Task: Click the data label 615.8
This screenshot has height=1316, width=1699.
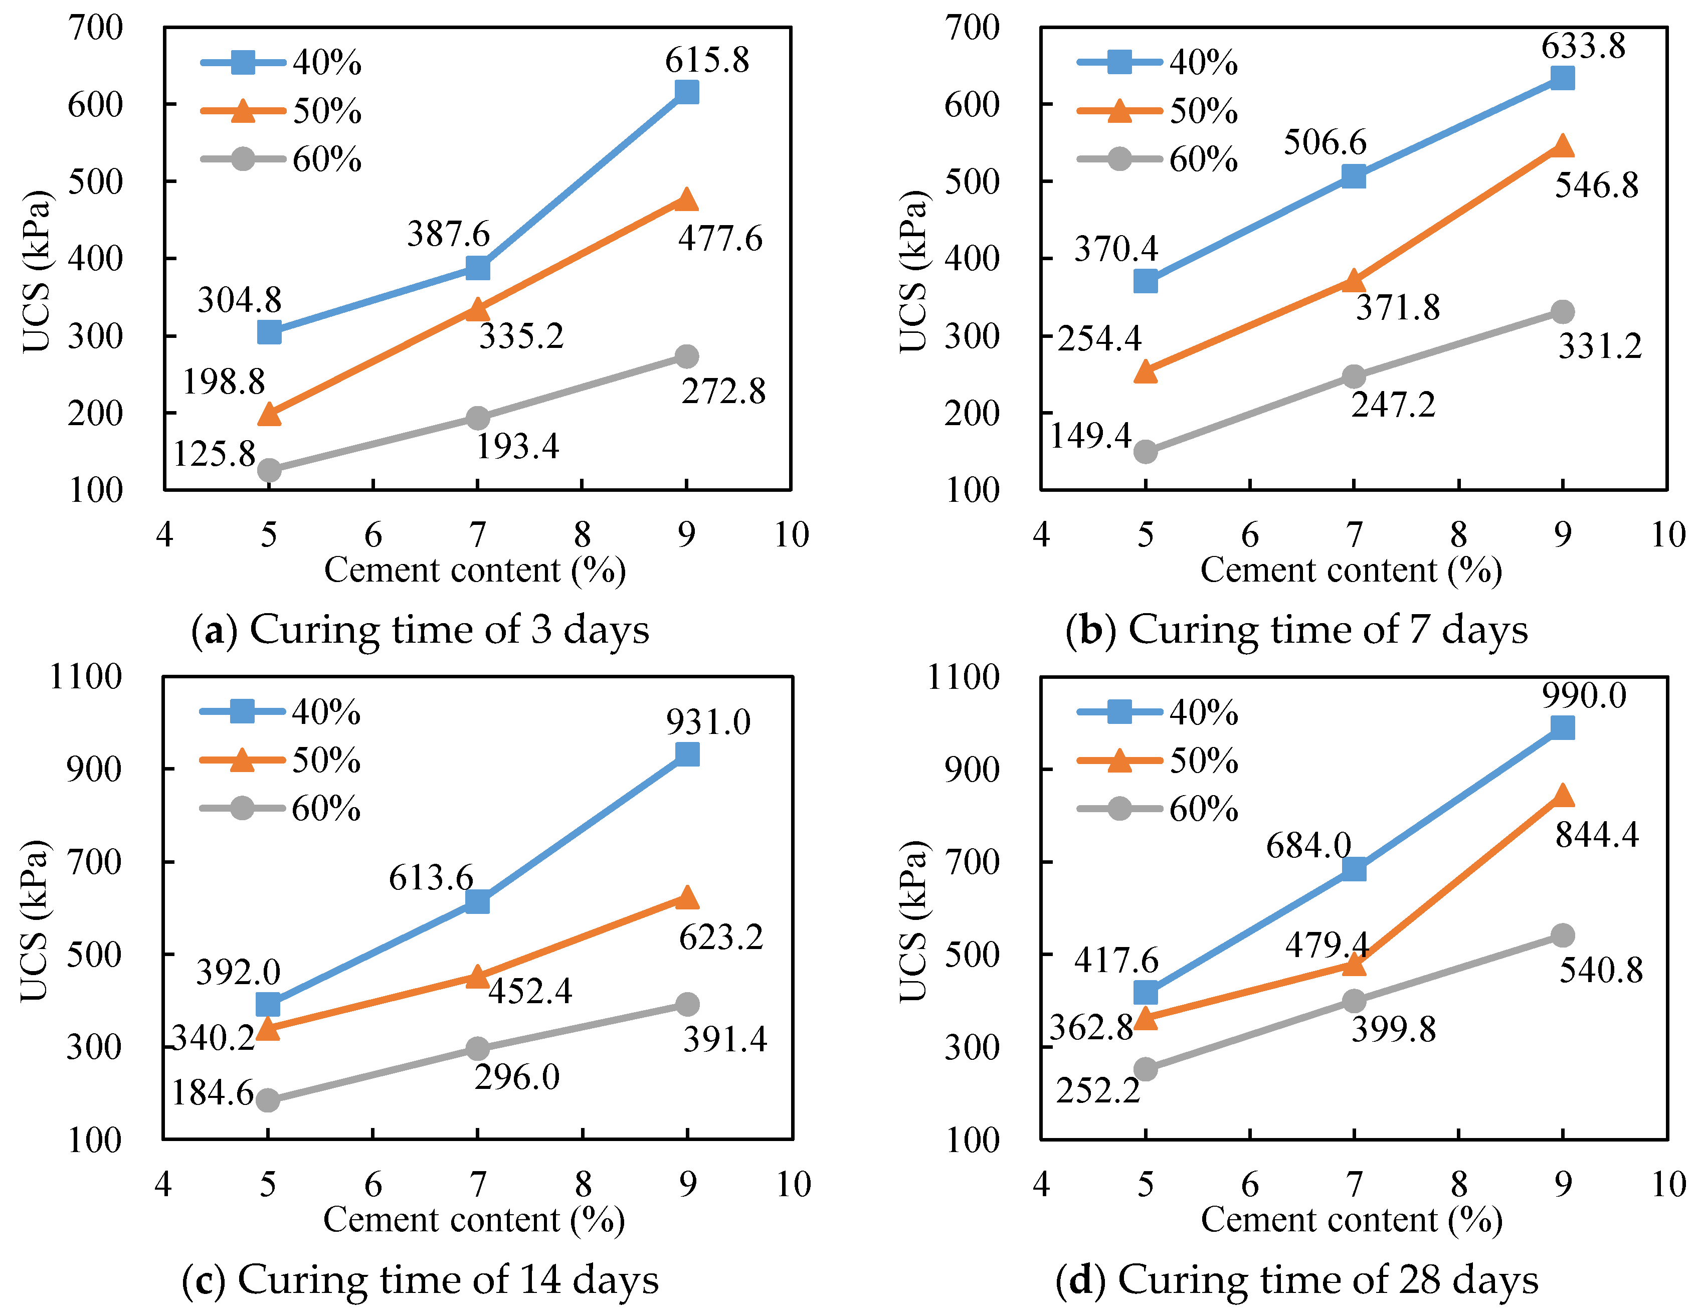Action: [706, 60]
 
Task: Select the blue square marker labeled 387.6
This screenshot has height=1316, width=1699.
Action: [478, 268]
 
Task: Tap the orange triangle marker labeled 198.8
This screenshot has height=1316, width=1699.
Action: [269, 414]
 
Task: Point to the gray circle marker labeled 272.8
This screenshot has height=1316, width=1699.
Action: [686, 356]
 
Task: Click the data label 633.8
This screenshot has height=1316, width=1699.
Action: [1583, 46]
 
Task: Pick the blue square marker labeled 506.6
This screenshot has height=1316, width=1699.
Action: [1354, 176]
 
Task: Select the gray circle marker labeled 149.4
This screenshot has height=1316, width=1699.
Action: [1145, 451]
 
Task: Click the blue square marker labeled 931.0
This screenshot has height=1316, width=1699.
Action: [687, 754]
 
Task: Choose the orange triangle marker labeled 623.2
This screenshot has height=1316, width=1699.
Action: [687, 897]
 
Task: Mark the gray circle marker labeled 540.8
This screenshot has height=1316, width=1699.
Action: [1562, 935]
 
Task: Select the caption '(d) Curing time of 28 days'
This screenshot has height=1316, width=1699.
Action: [1297, 1279]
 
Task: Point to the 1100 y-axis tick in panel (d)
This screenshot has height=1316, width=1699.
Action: [963, 677]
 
